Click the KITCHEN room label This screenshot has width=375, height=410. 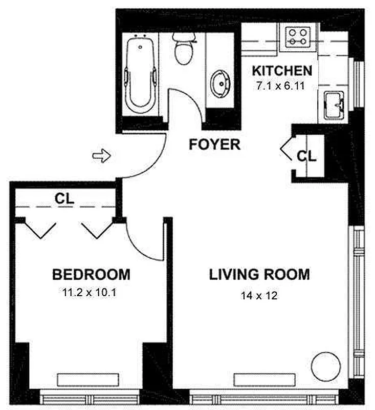(x=282, y=71)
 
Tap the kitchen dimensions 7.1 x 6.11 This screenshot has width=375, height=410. (x=280, y=86)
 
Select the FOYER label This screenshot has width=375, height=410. (x=214, y=145)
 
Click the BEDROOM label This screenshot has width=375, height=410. (x=92, y=275)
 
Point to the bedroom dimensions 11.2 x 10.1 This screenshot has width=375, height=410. (x=89, y=292)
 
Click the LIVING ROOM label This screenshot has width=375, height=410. (x=259, y=275)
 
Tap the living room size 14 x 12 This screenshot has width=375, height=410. (x=259, y=296)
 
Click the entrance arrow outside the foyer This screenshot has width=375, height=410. (x=102, y=156)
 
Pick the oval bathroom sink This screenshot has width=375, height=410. (x=221, y=84)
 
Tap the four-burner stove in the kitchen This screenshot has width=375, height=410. (x=298, y=37)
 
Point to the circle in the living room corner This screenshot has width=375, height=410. (x=326, y=366)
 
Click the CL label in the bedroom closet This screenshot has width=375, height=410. (x=64, y=199)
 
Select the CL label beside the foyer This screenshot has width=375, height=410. (x=306, y=156)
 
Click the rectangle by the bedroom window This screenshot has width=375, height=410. (x=88, y=380)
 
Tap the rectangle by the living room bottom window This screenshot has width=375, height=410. (x=264, y=380)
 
